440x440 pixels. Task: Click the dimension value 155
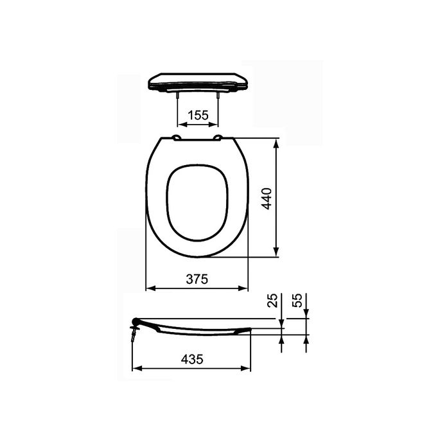click(x=197, y=116)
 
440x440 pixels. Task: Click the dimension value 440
click(x=267, y=198)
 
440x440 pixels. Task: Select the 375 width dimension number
click(x=197, y=279)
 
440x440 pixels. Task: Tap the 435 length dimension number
click(x=191, y=360)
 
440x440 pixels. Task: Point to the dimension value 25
click(x=272, y=301)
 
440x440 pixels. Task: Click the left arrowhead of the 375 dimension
click(x=150, y=288)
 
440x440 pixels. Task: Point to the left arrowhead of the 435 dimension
click(x=136, y=369)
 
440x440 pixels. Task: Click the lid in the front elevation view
click(x=197, y=81)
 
